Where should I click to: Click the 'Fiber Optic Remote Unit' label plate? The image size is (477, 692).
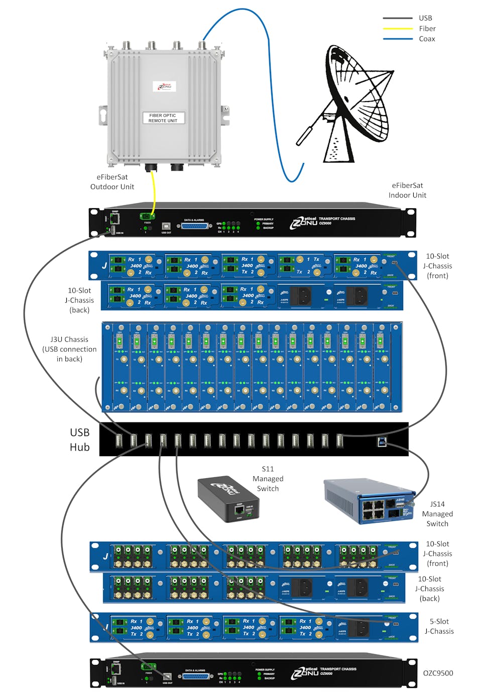pyautogui.click(x=163, y=118)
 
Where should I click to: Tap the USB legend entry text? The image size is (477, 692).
pyautogui.click(x=425, y=18)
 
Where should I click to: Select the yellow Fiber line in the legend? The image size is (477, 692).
pyautogui.click(x=398, y=29)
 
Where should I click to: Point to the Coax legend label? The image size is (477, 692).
pyautogui.click(x=427, y=39)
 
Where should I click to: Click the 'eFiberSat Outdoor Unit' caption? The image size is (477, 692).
pyautogui.click(x=112, y=182)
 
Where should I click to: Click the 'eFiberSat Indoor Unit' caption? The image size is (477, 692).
pyautogui.click(x=407, y=190)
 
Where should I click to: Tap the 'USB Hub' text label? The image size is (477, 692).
pyautogui.click(x=80, y=440)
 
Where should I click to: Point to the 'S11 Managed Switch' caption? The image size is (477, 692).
pyautogui.click(x=268, y=479)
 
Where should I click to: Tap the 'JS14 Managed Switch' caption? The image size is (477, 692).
pyautogui.click(x=437, y=513)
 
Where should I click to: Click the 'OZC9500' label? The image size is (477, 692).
pyautogui.click(x=438, y=673)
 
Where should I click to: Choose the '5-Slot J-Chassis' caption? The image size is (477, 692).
pyautogui.click(x=439, y=626)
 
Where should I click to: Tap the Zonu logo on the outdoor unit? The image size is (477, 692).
pyautogui.click(x=164, y=86)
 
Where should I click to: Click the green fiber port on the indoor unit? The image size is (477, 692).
pyautogui.click(x=147, y=217)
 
